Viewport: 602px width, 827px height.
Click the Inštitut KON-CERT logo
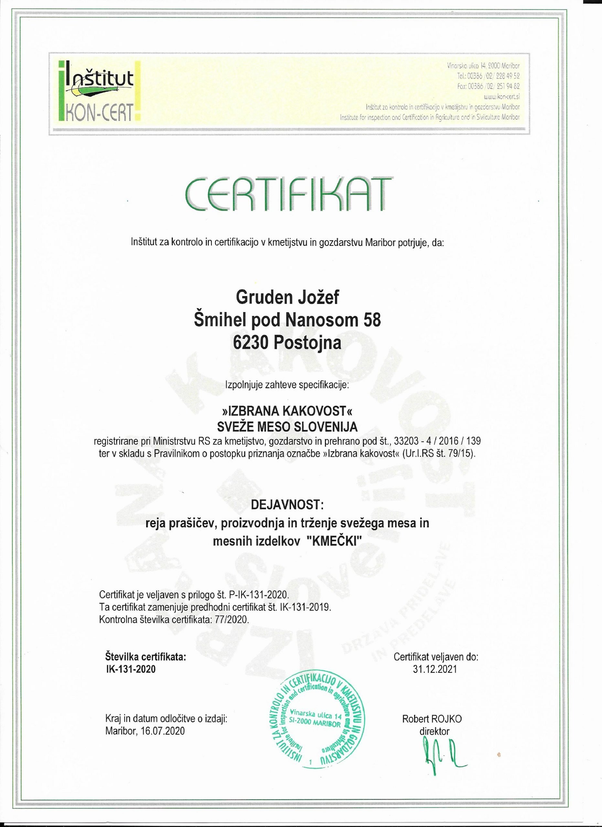pyautogui.click(x=99, y=91)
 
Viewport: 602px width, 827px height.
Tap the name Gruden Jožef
pyautogui.click(x=287, y=297)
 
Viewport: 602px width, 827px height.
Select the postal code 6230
pyautogui.click(x=251, y=343)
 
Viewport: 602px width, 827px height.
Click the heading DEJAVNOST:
pyautogui.click(x=287, y=505)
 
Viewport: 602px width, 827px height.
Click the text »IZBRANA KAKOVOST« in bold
pyautogui.click(x=287, y=411)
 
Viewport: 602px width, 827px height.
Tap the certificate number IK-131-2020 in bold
pyautogui.click(x=131, y=669)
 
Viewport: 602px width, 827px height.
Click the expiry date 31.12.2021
pyautogui.click(x=435, y=669)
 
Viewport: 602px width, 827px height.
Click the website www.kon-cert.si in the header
pyautogui.click(x=501, y=97)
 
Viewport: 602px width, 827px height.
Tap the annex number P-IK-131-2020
pyautogui.click(x=258, y=595)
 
